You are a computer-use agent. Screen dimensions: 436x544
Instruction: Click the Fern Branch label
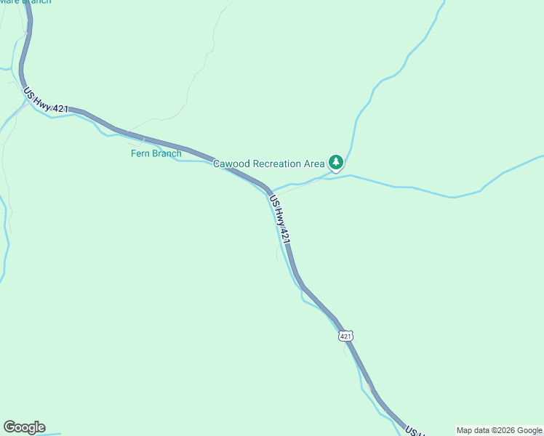click(156, 153)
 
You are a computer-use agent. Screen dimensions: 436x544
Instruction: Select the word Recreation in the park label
click(276, 163)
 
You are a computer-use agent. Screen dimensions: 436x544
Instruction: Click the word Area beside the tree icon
click(314, 163)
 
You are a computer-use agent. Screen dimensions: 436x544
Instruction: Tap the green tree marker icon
click(335, 163)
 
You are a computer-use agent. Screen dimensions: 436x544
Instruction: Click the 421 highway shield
click(345, 336)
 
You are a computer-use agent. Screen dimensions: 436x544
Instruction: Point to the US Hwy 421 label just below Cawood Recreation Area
click(281, 219)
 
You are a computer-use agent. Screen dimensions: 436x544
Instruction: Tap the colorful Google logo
click(24, 427)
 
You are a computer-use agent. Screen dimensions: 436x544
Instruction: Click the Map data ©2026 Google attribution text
click(499, 430)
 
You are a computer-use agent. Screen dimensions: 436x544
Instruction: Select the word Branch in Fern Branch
click(167, 153)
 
